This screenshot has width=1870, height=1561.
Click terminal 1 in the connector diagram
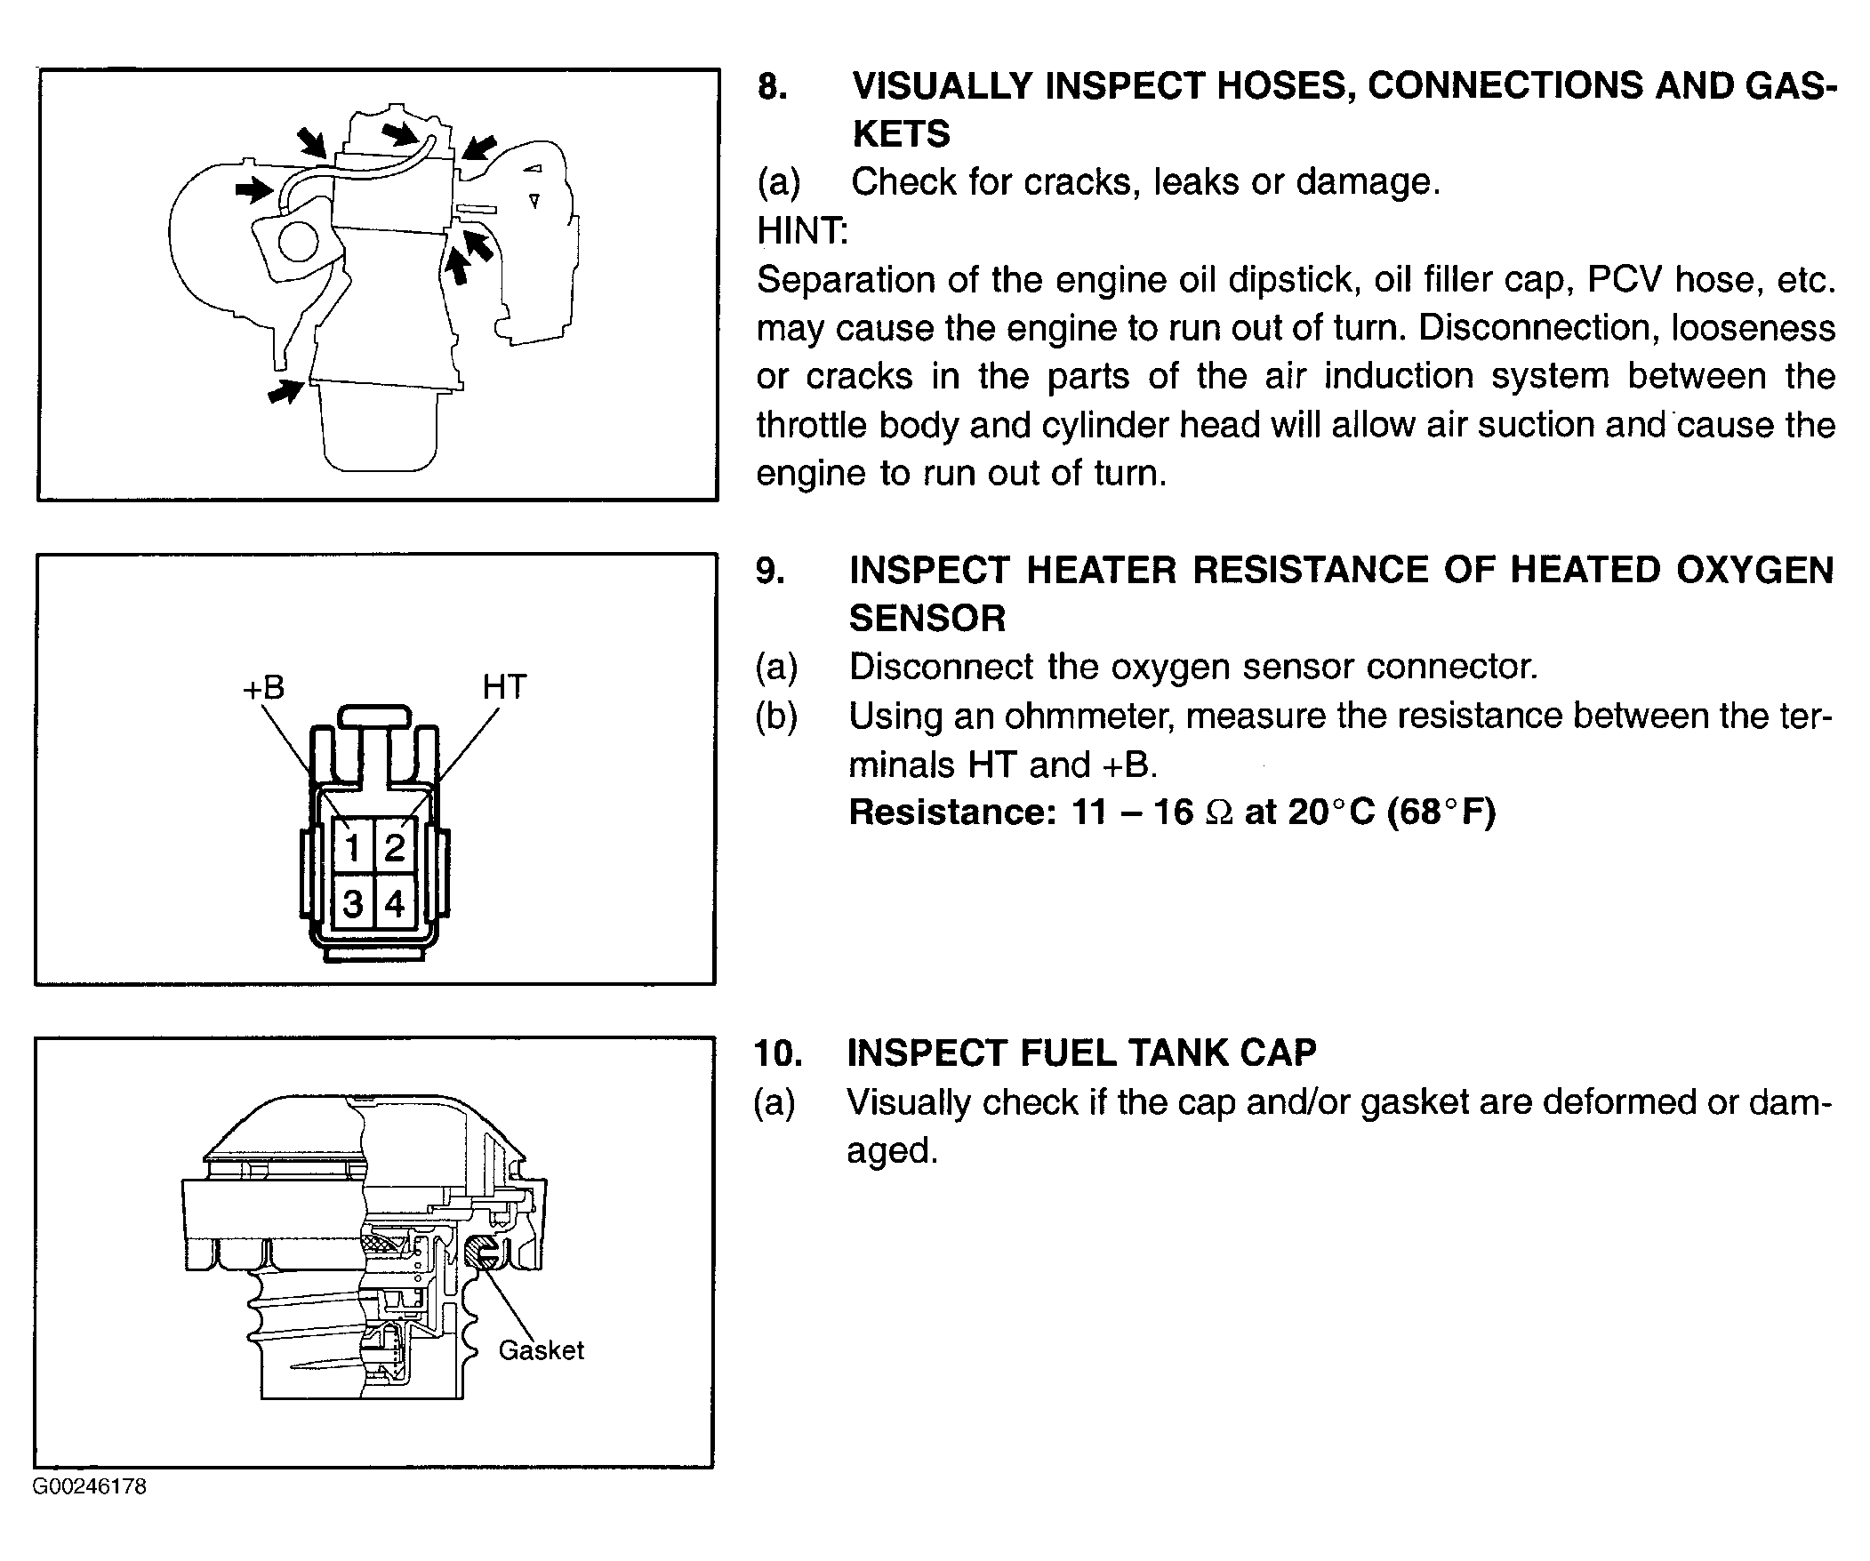[353, 846]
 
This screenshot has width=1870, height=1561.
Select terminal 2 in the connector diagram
[395, 846]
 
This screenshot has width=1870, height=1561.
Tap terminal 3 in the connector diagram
[353, 904]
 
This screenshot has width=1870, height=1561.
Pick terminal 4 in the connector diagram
[395, 904]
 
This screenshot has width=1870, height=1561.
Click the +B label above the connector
[263, 687]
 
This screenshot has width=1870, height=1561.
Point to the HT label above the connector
[504, 686]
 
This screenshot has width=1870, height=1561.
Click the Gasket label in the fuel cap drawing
[541, 1350]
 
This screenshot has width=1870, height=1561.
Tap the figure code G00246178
[90, 1486]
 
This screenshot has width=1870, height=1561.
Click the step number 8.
[772, 86]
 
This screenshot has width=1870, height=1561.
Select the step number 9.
[770, 571]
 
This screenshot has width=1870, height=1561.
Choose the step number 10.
[777, 1053]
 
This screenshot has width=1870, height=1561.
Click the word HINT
[802, 231]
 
